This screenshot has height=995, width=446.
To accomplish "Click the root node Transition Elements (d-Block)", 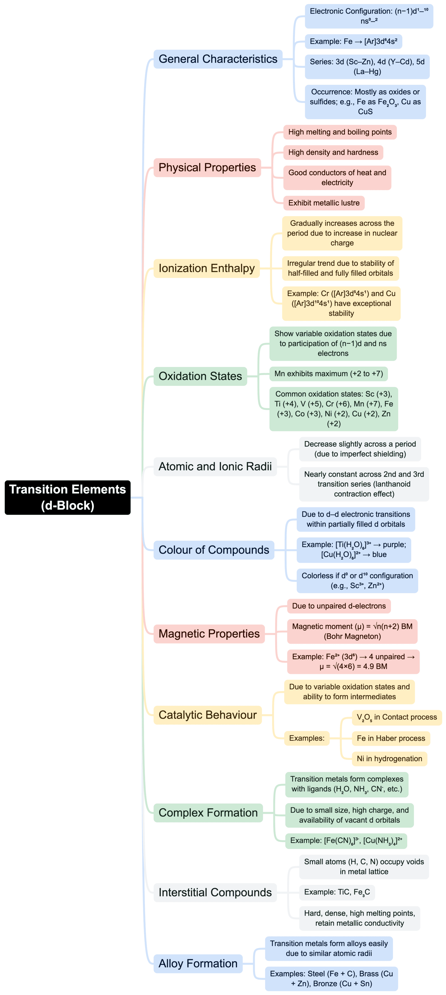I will [x=67, y=497].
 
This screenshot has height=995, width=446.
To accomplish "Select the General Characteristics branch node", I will [x=218, y=59].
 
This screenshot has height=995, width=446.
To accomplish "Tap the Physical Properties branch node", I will [x=207, y=168].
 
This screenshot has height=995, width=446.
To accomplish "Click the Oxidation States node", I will [x=200, y=376].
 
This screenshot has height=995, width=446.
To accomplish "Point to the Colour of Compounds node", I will [x=214, y=550].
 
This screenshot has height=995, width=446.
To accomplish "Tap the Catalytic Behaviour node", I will [x=208, y=715].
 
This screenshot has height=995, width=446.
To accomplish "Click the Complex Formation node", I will [x=208, y=813].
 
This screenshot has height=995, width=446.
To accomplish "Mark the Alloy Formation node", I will [x=198, y=964].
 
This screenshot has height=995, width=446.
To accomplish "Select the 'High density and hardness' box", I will [x=333, y=153].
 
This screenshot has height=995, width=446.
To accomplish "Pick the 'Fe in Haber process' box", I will [x=391, y=738].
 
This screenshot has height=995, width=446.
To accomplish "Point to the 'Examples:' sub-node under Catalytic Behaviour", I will [x=307, y=738].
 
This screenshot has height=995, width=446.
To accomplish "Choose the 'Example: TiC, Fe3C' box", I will [x=337, y=892].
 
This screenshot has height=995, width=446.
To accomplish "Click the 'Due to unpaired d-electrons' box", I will [x=339, y=606].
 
